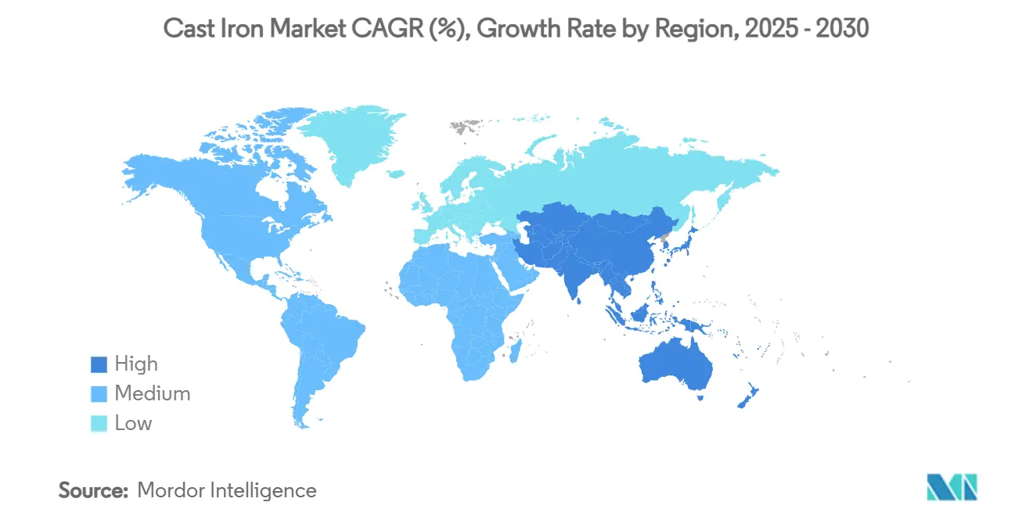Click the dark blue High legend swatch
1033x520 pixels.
tap(98, 364)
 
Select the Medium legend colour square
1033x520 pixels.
tap(98, 394)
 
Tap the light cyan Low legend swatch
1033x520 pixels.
tap(98, 424)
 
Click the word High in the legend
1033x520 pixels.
tap(136, 364)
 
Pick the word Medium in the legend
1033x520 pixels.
tap(152, 394)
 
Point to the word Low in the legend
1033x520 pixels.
tap(133, 424)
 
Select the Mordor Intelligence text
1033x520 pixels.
tap(227, 491)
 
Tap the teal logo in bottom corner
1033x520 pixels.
tap(952, 487)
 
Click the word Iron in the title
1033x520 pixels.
tap(248, 30)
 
